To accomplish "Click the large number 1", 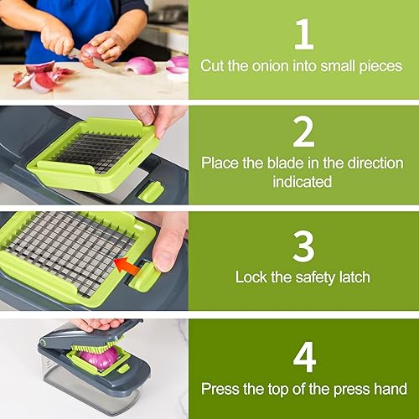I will pyautogui.click(x=303, y=34).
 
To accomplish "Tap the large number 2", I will pyautogui.click(x=303, y=132).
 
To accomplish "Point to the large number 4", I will pyautogui.click(x=303, y=355).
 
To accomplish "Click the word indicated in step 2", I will pyautogui.click(x=303, y=182).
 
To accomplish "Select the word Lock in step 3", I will pyautogui.click(x=251, y=277).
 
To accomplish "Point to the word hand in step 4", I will pyautogui.click(x=391, y=389).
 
